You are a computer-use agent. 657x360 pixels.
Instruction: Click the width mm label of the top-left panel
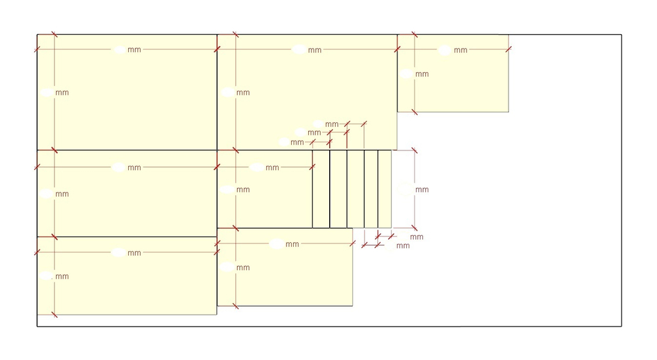[134, 49]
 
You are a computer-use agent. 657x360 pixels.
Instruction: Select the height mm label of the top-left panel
[62, 93]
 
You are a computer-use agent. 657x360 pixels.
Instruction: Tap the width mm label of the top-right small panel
[461, 51]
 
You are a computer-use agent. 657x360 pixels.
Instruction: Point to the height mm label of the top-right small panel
[422, 74]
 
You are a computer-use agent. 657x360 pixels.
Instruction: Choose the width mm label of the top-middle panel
[315, 51]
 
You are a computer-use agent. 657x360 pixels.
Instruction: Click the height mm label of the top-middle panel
[243, 93]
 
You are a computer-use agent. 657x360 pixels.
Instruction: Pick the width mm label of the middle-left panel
[134, 168]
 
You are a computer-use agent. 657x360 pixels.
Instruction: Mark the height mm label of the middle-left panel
[62, 194]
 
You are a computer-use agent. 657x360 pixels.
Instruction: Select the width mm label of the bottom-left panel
[134, 253]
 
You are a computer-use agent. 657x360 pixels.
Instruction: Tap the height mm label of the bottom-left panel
[62, 277]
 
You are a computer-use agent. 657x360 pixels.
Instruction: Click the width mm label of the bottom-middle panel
[292, 244]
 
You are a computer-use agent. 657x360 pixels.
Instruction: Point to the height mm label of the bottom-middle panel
[243, 268]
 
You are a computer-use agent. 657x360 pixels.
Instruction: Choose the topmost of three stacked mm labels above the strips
[331, 124]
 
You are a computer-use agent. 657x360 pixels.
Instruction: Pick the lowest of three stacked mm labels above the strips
[297, 143]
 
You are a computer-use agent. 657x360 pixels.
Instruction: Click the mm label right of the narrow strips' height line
[422, 190]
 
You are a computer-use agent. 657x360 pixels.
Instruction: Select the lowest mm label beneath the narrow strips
[403, 246]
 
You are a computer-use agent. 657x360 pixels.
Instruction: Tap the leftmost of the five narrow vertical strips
[321, 189]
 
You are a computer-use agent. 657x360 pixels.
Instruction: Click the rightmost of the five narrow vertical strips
[384, 189]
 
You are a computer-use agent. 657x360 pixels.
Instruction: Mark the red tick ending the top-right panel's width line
[509, 49]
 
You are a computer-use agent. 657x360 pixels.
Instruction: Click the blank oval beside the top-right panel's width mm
[445, 51]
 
